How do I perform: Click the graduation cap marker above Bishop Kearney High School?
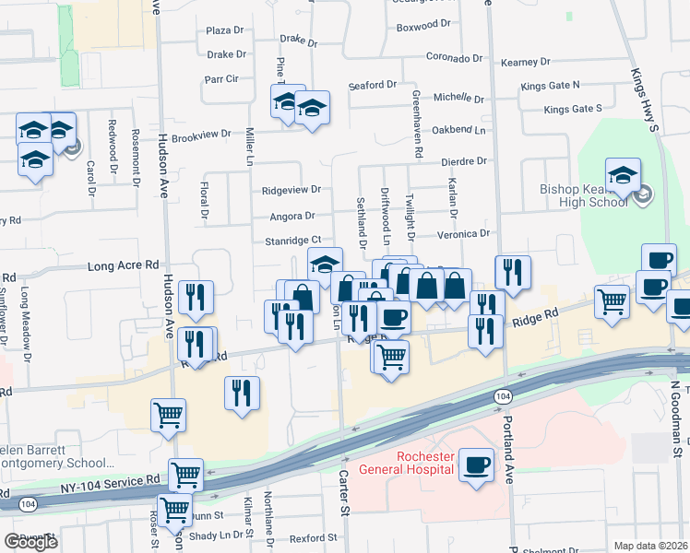624,175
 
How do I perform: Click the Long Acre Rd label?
124,267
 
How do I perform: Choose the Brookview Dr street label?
201,135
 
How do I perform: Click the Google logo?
30,541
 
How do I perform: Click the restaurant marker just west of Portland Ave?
513,272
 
